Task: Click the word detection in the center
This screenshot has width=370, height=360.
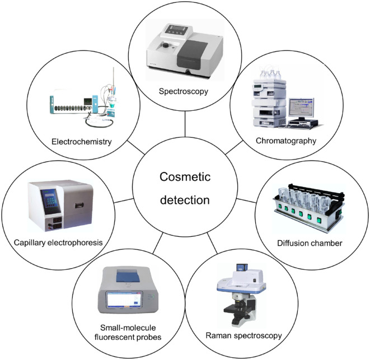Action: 184,199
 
